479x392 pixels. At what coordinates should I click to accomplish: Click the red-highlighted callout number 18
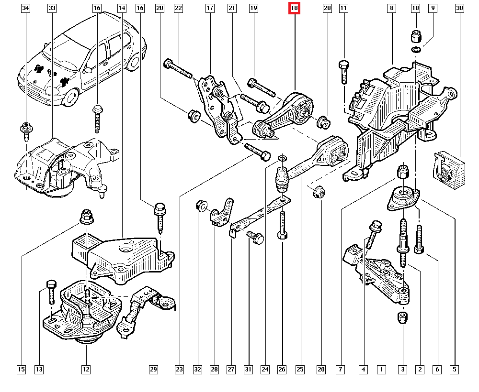tap(294, 8)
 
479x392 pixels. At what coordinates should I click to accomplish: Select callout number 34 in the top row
tap(26, 8)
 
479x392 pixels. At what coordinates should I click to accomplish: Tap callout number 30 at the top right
tap(460, 8)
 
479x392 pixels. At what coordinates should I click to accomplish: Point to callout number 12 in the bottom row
tap(86, 369)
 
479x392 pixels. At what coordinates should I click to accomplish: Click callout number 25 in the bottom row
tap(300, 369)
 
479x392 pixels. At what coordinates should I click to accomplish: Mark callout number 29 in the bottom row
tap(153, 369)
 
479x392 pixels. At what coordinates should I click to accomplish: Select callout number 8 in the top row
tap(392, 8)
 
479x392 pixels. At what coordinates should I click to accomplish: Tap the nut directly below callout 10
tap(416, 35)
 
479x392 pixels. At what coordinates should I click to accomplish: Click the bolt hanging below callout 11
tap(343, 72)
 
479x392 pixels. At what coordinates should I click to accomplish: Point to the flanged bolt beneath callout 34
tap(25, 131)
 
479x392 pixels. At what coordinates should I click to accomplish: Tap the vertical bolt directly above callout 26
tap(282, 225)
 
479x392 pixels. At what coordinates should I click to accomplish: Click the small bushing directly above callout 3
tap(403, 317)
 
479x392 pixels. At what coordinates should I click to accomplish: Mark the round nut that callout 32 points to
tap(201, 207)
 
